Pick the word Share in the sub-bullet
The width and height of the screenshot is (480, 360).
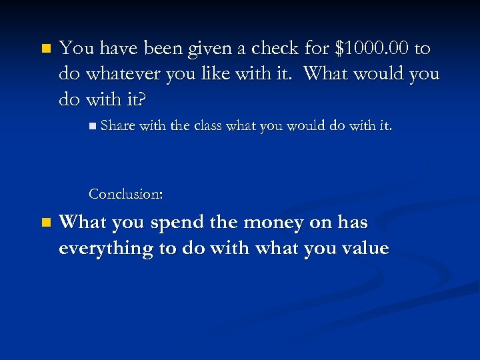click(117, 125)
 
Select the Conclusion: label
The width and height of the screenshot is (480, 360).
click(126, 194)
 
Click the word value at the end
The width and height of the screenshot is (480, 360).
click(364, 249)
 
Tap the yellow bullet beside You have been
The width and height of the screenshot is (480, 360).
click(45, 49)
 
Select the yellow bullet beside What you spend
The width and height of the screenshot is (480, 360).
click(45, 223)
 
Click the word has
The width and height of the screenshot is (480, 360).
click(353, 223)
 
